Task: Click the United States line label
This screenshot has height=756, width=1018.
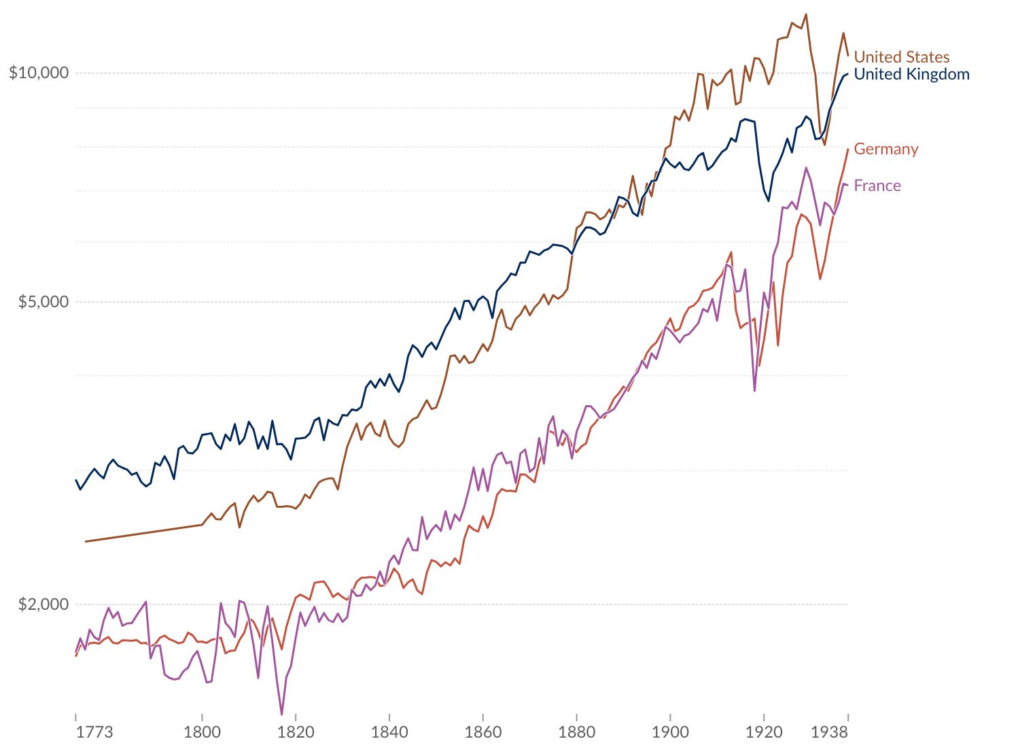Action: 901,57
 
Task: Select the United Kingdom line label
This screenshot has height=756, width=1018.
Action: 911,74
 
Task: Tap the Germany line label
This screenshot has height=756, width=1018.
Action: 885,149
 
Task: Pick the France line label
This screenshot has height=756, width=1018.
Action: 877,186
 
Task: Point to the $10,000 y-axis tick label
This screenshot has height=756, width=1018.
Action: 39,72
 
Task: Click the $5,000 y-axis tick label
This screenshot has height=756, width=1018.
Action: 43,301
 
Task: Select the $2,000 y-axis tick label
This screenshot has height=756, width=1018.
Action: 43,604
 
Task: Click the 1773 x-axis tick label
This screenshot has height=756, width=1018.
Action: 94,732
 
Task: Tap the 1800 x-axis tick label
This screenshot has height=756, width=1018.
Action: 202,732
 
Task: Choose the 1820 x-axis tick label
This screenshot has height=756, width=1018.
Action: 296,732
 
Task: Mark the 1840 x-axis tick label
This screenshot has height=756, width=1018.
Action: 389,732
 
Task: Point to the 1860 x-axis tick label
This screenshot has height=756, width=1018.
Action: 483,732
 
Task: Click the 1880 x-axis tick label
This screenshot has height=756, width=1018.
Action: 576,732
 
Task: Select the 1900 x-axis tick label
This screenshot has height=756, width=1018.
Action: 670,732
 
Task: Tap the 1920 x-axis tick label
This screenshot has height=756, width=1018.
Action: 764,732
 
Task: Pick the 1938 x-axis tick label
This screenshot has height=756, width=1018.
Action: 829,732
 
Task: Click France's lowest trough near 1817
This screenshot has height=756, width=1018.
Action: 281,715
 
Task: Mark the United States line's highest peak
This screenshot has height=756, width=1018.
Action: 806,14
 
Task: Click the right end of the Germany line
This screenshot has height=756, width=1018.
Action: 847,149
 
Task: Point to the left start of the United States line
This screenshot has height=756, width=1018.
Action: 86,541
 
